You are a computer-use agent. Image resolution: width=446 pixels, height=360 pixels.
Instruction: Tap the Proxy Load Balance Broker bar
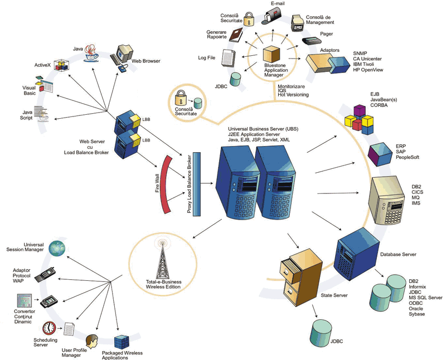coord(196,181)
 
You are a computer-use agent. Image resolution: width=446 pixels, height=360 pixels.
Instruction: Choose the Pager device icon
coord(310,41)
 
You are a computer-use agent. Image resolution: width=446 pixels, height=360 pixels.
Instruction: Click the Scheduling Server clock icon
coord(50,327)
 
